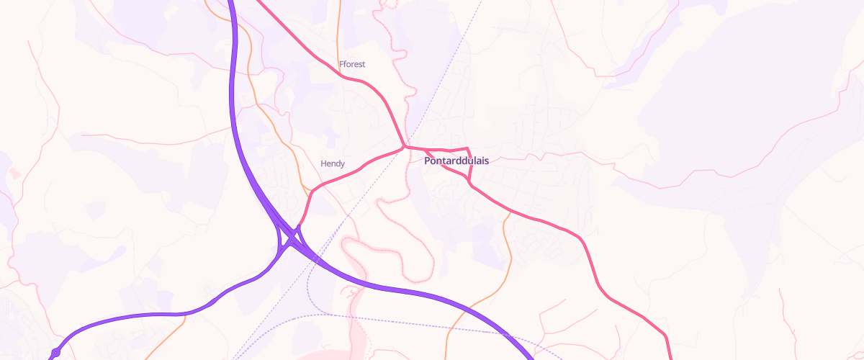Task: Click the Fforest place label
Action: [x=352, y=64]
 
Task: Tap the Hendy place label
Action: [x=333, y=163]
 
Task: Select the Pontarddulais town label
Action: [x=456, y=161]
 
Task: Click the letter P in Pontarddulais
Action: [x=428, y=161]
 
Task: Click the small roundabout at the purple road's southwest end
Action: [x=55, y=353]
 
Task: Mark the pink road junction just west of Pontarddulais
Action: [x=405, y=147]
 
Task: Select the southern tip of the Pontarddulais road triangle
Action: [x=470, y=184]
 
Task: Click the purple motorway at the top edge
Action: [x=231, y=3]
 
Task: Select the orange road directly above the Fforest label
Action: [x=338, y=29]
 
